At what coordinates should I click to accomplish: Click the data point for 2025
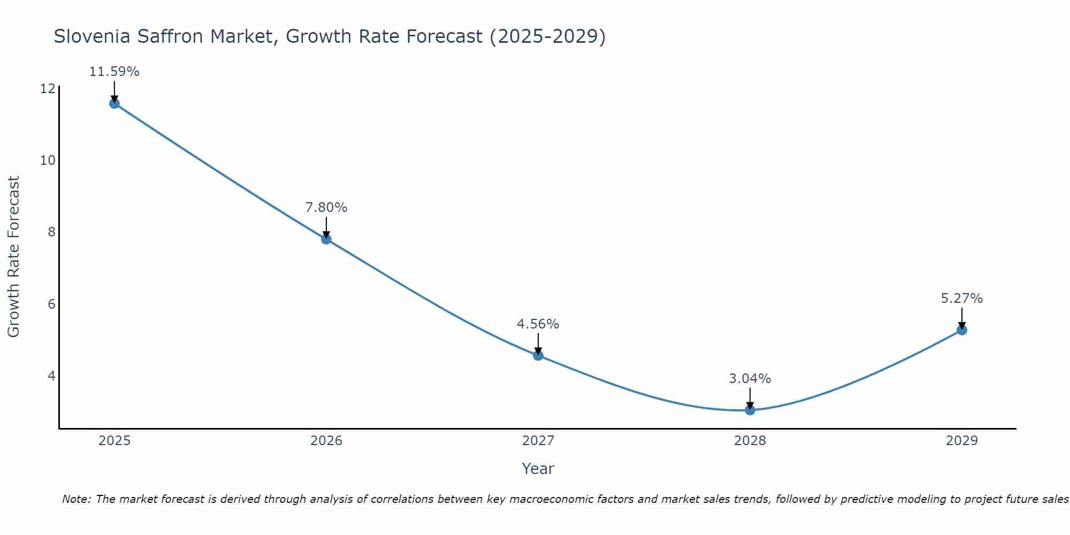click(114, 103)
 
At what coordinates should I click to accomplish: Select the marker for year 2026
click(326, 239)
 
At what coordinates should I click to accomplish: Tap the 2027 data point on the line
click(538, 355)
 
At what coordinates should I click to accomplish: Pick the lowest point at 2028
click(750, 410)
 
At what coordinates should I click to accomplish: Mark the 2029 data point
click(962, 330)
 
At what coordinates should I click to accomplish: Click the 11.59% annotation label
click(114, 72)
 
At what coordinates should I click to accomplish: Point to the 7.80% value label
click(326, 208)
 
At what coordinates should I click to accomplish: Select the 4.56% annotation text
click(538, 324)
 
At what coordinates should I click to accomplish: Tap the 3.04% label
click(750, 379)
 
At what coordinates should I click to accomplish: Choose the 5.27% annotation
click(962, 299)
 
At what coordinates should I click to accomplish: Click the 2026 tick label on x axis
click(326, 441)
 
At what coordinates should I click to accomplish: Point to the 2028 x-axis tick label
click(750, 441)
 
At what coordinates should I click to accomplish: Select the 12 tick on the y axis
click(48, 88)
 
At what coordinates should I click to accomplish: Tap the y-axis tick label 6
click(51, 304)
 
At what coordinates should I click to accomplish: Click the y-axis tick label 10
click(48, 160)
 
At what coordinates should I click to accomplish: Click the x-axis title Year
click(538, 469)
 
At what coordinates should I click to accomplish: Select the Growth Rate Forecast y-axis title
click(14, 257)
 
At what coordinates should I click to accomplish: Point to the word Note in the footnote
click(76, 499)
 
